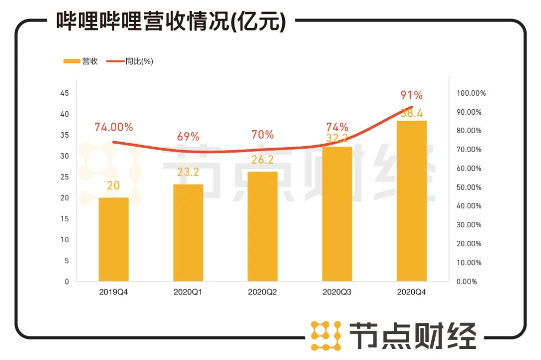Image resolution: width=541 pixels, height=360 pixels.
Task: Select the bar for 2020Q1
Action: [188, 233]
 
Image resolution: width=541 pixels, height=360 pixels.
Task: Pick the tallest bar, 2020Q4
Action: [412, 201]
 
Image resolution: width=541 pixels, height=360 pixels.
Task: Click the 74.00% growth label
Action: [114, 127]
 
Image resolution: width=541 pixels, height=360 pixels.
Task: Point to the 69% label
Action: [188, 136]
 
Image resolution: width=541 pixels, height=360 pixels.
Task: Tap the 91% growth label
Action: [411, 95]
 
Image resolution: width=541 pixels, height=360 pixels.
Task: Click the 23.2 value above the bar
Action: [188, 172]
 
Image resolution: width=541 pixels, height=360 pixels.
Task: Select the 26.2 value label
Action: [262, 159]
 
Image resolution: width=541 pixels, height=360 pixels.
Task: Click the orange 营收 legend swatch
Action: [72, 61]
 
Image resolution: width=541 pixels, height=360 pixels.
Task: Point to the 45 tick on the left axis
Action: [65, 93]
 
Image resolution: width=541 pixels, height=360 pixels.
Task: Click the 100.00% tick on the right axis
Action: [471, 93]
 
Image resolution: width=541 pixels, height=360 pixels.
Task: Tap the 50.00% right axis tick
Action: [469, 187]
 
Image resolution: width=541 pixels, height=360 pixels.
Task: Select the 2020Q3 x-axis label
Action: [337, 291]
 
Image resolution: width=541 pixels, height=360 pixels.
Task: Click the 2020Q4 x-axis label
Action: [412, 291]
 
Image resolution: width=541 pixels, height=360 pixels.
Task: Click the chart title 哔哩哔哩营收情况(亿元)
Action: [170, 22]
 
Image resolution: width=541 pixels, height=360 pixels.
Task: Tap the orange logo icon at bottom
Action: [326, 335]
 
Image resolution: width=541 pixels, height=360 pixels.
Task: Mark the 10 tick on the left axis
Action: [65, 240]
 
